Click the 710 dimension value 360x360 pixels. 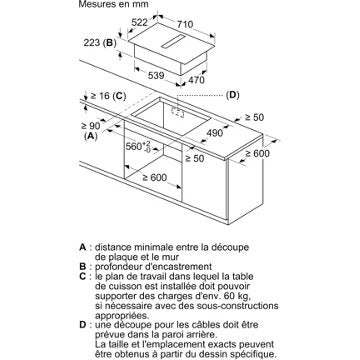(x=185, y=25)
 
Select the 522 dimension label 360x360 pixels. (x=139, y=22)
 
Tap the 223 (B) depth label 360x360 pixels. (x=100, y=43)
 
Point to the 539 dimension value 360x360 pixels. (x=156, y=76)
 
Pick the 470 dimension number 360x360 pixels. (x=196, y=80)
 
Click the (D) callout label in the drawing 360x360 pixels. (x=232, y=95)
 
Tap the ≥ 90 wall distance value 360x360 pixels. (x=90, y=126)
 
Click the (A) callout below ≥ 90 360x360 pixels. (x=91, y=136)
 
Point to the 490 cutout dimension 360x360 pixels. (x=214, y=133)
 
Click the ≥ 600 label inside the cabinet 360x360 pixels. (x=155, y=178)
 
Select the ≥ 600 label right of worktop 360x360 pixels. (x=257, y=153)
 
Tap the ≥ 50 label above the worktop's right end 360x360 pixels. (x=254, y=117)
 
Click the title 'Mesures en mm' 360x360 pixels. (x=113, y=5)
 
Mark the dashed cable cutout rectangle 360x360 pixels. (x=178, y=112)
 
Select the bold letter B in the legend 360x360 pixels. (x=82, y=267)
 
